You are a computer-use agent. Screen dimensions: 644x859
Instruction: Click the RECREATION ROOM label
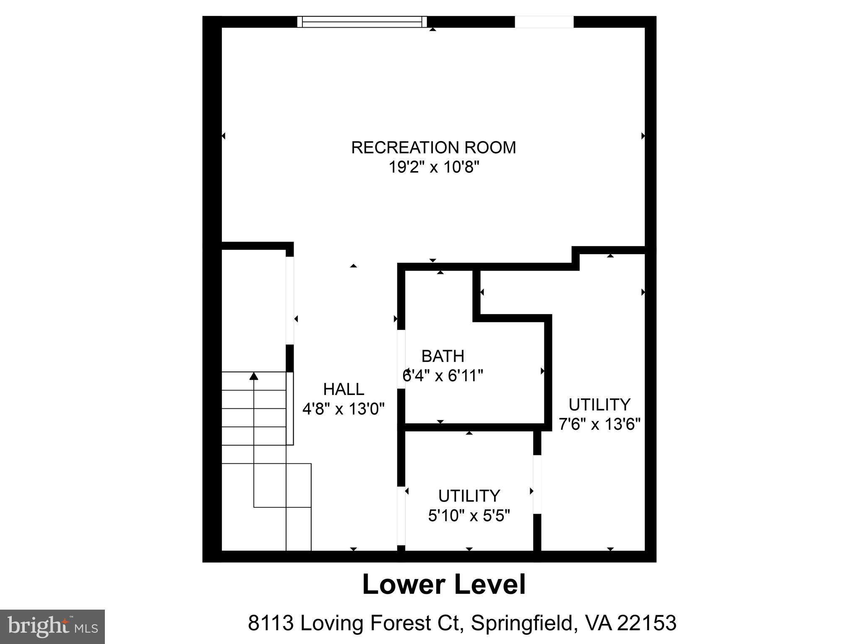pos(433,148)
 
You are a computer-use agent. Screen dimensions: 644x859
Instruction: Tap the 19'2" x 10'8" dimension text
pos(433,167)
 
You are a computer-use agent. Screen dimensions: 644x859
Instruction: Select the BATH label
pos(443,356)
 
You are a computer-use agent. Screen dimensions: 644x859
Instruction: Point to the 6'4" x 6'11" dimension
pos(443,376)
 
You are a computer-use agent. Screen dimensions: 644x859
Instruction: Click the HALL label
pos(344,390)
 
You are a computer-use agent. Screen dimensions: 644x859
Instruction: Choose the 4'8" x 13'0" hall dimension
pos(344,409)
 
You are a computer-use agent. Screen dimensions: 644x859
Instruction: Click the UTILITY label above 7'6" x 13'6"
pos(599,405)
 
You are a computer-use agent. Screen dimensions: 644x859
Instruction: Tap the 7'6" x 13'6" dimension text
pos(599,424)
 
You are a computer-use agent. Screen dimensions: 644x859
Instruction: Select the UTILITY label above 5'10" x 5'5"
pos(469,496)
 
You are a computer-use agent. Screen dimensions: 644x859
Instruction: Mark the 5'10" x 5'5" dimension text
pos(469,516)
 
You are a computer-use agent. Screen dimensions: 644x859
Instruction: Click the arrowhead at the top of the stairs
pos(254,376)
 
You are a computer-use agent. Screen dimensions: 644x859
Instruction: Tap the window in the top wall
pos(362,22)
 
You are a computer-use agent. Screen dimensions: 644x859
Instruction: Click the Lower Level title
pos(443,585)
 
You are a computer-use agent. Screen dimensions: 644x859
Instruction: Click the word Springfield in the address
pos(521,623)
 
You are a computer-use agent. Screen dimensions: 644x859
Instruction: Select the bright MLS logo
pos(52,627)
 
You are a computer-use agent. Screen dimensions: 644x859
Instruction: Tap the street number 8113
pos(270,623)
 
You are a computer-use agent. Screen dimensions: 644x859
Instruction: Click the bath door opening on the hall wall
pos(401,359)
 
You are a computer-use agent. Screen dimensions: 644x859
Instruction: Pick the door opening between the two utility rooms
pos(537,484)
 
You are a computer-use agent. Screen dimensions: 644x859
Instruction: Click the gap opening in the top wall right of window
pos(544,22)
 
